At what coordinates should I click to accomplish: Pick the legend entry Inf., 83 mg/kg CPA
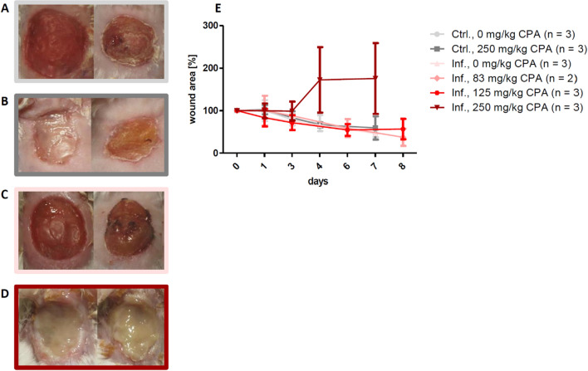click(x=498, y=78)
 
